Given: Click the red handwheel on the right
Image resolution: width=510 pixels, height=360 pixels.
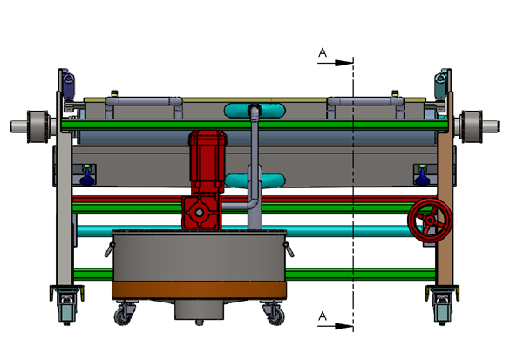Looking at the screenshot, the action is coord(430,221).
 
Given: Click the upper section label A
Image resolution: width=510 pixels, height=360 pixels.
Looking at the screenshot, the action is coord(322,52).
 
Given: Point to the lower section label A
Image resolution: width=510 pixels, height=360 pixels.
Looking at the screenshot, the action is coord(322,316).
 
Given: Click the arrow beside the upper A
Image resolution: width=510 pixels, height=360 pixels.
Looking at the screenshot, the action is coord(336,63).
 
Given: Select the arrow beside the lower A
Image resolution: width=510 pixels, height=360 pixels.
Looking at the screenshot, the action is coord(336,326).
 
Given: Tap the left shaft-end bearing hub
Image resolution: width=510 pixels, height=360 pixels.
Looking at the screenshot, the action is coord(37,126).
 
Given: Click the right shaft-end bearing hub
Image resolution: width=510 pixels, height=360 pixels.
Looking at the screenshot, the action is coord(472,126).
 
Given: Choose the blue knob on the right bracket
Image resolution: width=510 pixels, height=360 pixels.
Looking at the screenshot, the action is coord(422,178).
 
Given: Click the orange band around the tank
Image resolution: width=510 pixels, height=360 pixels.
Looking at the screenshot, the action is coord(199,290).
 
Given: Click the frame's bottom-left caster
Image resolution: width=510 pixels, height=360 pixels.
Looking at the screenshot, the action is coord(67,305).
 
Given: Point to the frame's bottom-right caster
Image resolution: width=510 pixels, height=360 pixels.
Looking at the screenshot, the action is coord(442,305).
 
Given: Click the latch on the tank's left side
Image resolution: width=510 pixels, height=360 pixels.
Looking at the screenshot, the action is coord(110,249).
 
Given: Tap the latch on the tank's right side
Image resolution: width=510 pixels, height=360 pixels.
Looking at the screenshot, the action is coord(289,249).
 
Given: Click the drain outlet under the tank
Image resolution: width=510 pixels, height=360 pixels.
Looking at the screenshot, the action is coord(199,311).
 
